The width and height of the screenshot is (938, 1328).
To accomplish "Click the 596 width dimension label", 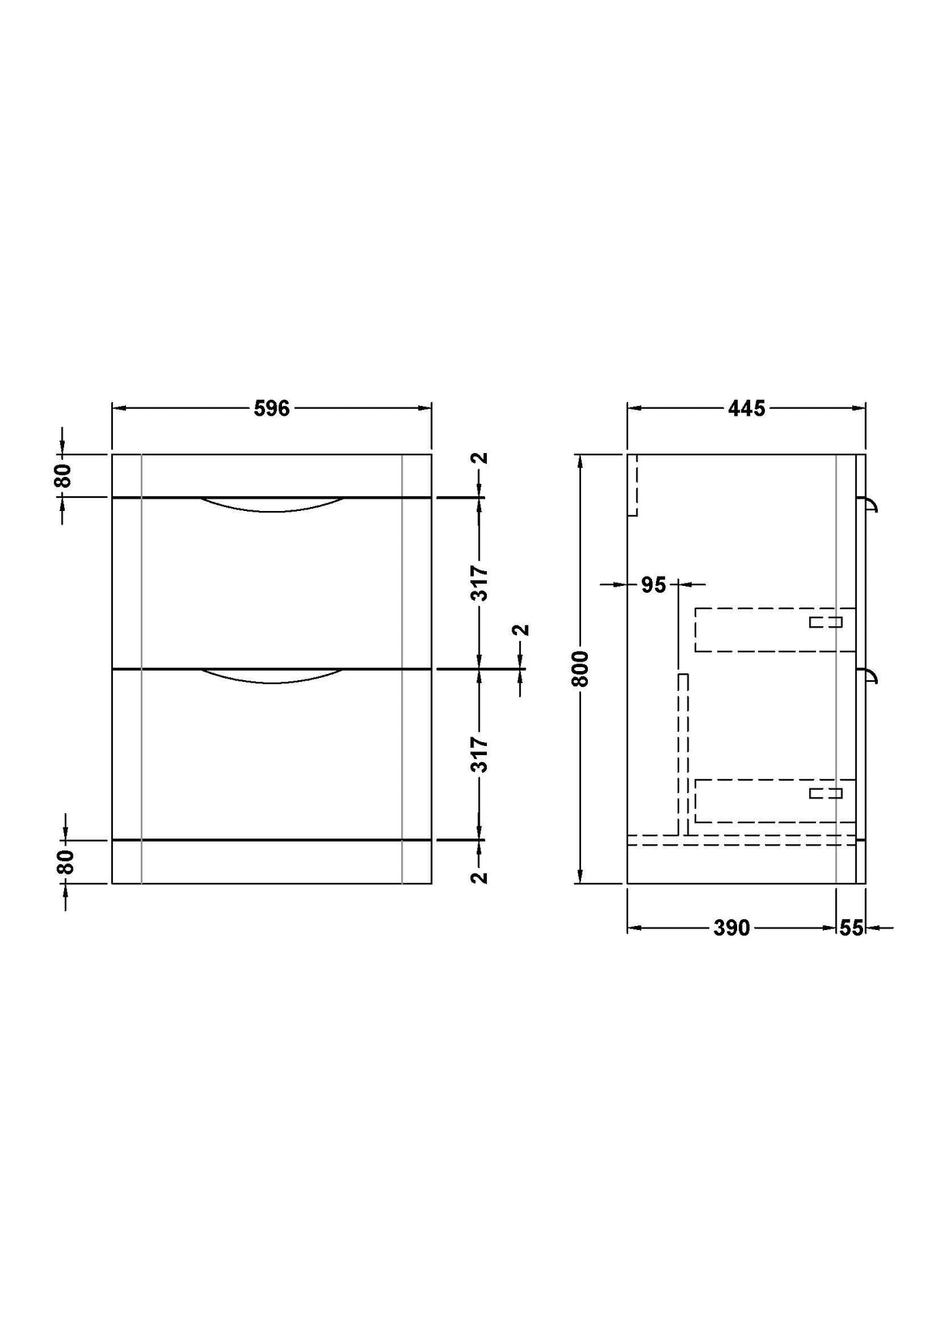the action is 272,408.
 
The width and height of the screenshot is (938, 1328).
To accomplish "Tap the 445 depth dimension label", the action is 746,408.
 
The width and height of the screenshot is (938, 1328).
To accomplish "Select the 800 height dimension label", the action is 580,669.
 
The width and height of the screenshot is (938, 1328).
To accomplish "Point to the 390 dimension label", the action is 732,928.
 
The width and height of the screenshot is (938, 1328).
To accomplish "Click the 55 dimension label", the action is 851,928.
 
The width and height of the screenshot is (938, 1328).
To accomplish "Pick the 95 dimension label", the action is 653,585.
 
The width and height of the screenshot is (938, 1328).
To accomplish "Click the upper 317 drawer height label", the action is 480,583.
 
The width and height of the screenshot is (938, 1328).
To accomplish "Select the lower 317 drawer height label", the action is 480,754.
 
